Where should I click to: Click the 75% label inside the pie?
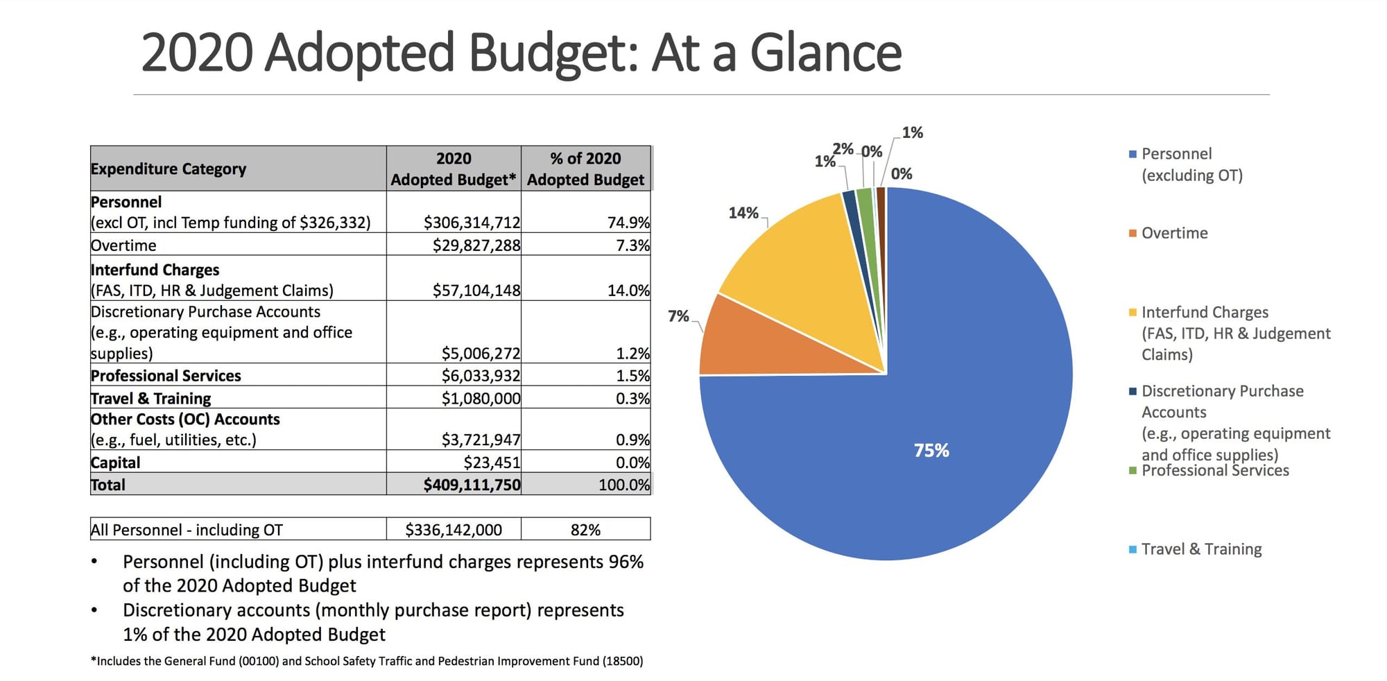931,451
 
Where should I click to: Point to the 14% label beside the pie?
743,213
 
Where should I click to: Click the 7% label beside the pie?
678,316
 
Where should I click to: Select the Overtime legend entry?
1173,233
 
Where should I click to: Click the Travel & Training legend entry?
1200,549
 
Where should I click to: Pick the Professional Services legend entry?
1214,471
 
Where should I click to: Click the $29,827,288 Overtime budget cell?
476,245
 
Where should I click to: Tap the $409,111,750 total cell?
472,485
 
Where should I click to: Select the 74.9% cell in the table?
628,223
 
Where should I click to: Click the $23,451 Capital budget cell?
492,463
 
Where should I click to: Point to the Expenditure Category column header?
169,169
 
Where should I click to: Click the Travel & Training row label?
150,399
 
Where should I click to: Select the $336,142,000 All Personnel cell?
454,530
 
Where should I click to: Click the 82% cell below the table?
585,530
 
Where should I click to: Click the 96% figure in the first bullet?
626,562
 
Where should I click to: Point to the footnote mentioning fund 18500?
367,661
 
